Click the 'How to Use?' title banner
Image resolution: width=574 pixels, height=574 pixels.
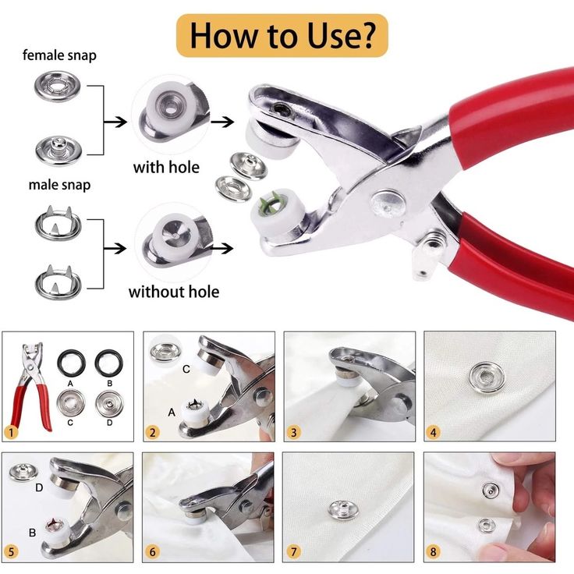282,35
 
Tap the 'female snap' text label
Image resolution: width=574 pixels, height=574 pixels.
59,55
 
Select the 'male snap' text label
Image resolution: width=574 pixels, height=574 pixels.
59,185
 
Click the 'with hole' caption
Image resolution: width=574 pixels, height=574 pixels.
166,167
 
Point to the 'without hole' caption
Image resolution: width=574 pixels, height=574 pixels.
173,292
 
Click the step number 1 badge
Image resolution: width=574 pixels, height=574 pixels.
11,431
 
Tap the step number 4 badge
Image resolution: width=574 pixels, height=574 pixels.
434,431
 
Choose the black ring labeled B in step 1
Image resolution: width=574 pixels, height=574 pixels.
109,362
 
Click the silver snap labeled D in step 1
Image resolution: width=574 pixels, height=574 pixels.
109,402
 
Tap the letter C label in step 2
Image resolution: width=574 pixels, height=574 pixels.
186,369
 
